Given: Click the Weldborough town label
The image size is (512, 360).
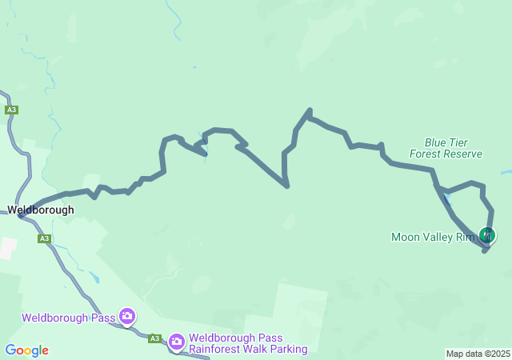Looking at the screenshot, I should pos(41,210).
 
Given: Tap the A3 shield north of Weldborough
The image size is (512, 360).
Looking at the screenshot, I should pos(11,110).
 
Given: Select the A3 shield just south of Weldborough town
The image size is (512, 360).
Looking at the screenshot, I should pos(44,238).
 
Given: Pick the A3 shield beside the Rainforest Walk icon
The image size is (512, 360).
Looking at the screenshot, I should pos(154,338).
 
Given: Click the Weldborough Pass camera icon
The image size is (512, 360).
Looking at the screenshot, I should pos(127,317).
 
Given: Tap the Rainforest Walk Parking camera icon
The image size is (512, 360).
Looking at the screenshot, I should pos(177,342).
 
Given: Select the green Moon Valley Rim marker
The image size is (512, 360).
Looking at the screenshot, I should pos(486,235).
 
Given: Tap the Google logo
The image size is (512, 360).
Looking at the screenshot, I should pos(26,350).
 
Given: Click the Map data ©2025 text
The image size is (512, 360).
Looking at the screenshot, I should pos(478,354).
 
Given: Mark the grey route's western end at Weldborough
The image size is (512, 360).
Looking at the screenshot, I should pos(22,214).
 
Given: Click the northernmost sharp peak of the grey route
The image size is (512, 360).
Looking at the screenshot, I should pos(310,110).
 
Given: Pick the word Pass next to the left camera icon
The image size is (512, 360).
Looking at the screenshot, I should pos(102,318).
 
